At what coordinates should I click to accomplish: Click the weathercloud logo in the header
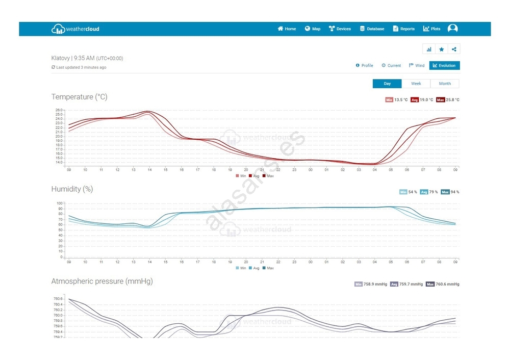tap(75, 29)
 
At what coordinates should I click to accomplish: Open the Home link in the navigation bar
tap(287, 29)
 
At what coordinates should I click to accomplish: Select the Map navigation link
tap(313, 29)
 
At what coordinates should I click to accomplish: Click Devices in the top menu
tap(340, 29)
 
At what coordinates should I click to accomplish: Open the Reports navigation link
tap(403, 29)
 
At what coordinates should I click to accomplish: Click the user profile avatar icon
tap(452, 29)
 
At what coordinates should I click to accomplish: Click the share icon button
tap(454, 49)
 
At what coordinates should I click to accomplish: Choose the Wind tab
tap(417, 66)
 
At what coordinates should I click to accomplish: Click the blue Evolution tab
tap(444, 66)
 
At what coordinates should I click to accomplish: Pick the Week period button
tap(416, 84)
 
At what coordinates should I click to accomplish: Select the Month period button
tap(444, 84)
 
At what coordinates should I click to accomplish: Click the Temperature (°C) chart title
tap(79, 97)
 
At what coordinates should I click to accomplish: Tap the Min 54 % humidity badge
tap(408, 192)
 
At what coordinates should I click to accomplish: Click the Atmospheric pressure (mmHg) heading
tap(102, 281)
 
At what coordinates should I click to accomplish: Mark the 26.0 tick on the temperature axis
tap(59, 110)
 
